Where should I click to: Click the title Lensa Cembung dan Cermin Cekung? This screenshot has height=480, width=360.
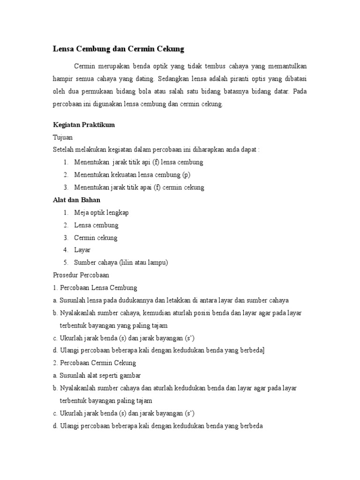(118, 49)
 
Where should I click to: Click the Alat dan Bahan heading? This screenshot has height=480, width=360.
(76, 200)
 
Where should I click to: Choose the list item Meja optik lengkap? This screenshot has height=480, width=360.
(101, 212)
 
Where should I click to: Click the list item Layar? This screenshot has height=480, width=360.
(82, 250)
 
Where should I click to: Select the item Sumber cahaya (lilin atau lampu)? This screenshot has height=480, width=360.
(120, 262)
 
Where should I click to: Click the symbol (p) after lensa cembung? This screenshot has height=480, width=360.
(186, 175)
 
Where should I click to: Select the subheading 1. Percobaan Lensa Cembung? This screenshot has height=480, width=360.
(95, 287)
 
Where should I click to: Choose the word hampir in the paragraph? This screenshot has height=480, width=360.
(62, 78)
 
